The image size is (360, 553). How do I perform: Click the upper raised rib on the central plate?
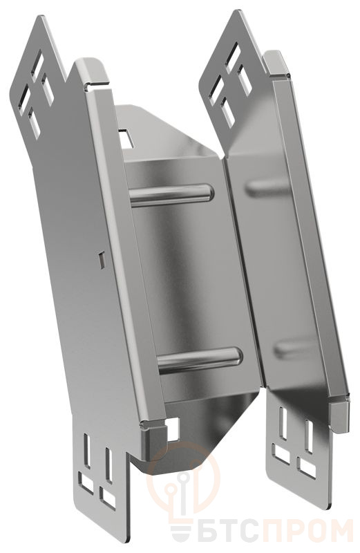tap(171, 195)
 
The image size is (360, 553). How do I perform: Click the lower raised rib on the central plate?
tap(200, 360)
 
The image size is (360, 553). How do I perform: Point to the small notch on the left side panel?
tap(102, 260)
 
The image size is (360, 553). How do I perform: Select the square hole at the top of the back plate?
tap(125, 138)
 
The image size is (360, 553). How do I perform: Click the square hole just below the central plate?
tap(173, 429)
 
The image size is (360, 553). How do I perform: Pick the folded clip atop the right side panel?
tap(278, 64)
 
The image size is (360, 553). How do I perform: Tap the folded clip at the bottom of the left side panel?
tap(153, 441)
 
